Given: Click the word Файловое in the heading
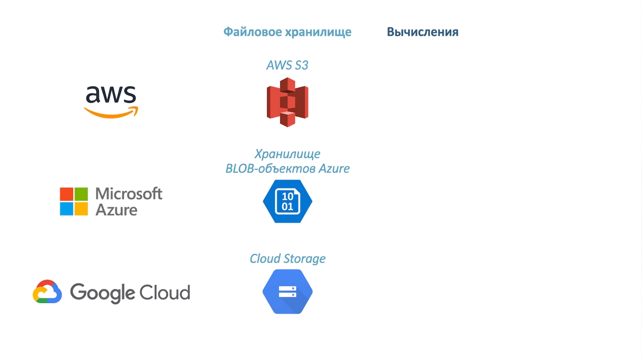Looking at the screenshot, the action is tap(253, 32).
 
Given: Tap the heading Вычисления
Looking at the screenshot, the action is tap(423, 32).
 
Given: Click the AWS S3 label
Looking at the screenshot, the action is tap(287, 65).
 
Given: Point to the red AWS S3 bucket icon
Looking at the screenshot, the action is tap(287, 102).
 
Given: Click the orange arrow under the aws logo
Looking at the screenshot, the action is tap(111, 112).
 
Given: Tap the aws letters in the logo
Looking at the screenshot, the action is tap(111, 94).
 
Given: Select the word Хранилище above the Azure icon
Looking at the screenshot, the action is tap(287, 154).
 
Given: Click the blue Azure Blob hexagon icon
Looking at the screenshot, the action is tap(287, 201).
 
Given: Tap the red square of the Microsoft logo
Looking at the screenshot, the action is tap(67, 194).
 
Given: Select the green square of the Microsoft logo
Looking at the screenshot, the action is tap(81, 194).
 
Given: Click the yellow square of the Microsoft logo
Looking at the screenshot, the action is tap(81, 209).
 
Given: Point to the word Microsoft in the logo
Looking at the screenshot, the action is tap(129, 194).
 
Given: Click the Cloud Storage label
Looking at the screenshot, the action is tap(287, 259).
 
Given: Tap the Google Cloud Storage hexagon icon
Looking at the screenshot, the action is tap(287, 292).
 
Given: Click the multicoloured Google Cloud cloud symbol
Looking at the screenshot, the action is tap(47, 292).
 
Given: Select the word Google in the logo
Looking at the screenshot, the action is tap(103, 293).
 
